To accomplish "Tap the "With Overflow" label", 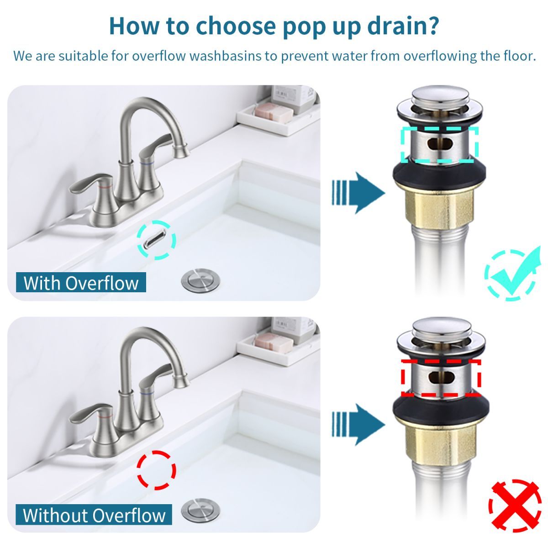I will pyautogui.click(x=81, y=283).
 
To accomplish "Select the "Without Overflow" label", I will pyautogui.click(x=94, y=515).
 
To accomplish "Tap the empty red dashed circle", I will pyautogui.click(x=156, y=470).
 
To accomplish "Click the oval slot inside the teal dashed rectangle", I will pyautogui.click(x=439, y=145).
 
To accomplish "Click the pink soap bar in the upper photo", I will pyautogui.click(x=273, y=111).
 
